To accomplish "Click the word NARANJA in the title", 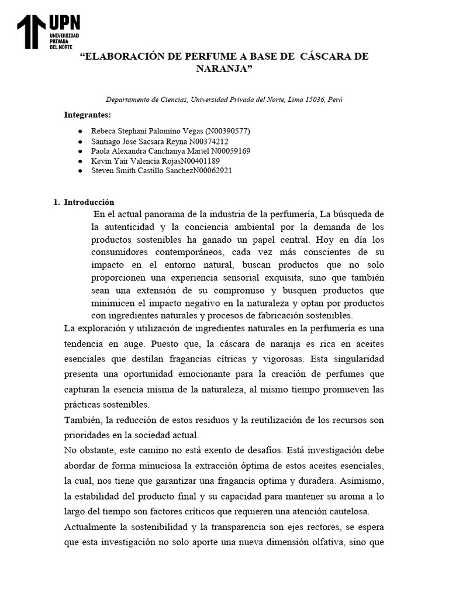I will coord(225,68).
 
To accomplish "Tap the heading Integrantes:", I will coord(87,115).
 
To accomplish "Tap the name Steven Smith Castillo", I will coord(135,171).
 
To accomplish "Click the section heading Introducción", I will coord(89,202).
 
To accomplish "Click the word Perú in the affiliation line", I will coord(336,99).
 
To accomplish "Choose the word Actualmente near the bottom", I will coord(92,526).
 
